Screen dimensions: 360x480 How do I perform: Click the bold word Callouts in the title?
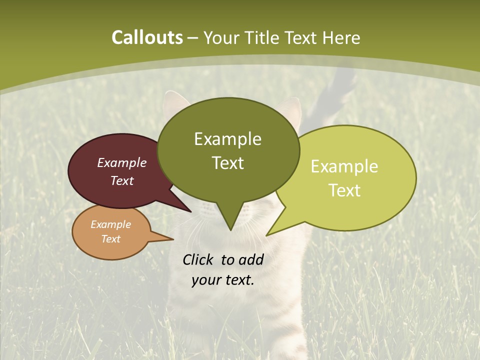tap(147, 37)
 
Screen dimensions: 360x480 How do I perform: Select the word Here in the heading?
tap(340, 37)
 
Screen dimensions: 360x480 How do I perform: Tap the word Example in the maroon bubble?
tap(122, 162)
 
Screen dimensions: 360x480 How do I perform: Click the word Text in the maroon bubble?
tap(122, 180)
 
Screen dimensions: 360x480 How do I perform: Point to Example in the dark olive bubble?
tap(227, 139)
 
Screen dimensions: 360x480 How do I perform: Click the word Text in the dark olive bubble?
tap(227, 162)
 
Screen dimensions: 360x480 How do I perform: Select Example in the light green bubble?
tap(344, 166)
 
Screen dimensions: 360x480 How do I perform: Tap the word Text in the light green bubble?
tap(344, 190)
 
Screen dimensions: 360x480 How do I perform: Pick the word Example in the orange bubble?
tap(110, 224)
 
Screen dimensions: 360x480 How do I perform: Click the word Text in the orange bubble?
tap(110, 239)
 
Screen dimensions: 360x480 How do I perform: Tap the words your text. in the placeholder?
tap(222, 280)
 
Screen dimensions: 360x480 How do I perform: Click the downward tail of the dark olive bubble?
tap(230, 220)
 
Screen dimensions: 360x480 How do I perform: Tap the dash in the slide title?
tap(193, 38)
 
